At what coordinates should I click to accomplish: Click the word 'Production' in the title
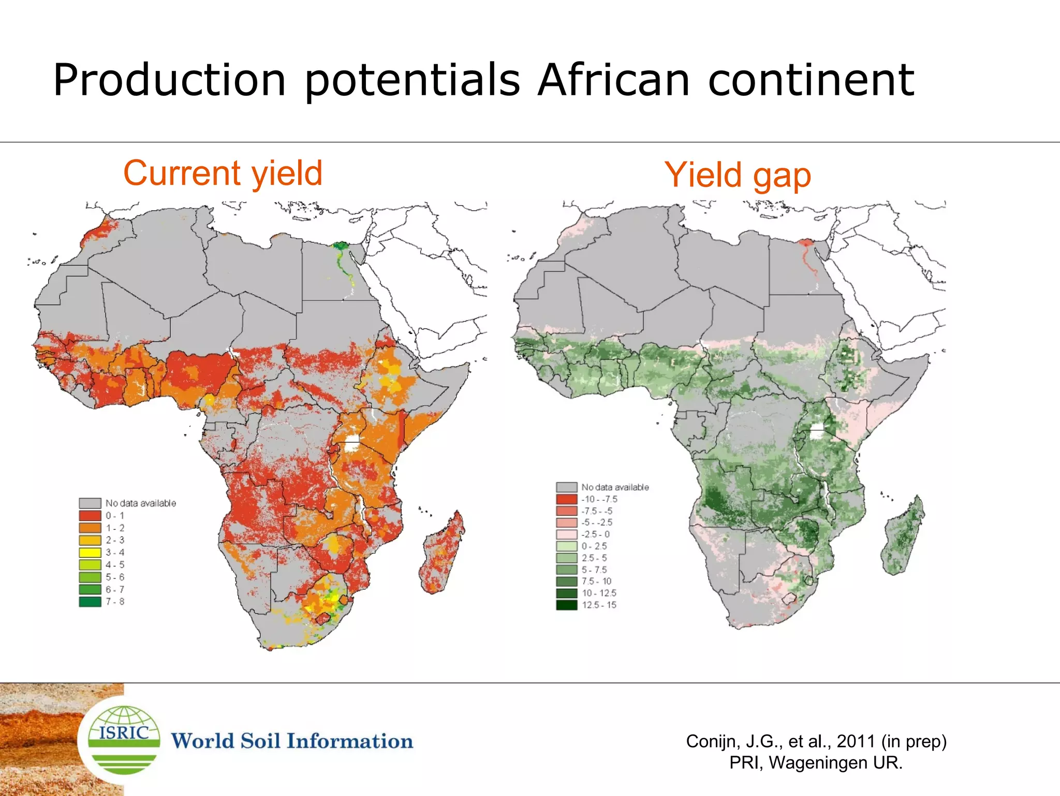click(x=170, y=80)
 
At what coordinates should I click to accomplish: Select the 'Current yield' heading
click(x=223, y=173)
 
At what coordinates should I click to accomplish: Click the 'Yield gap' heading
click(x=737, y=175)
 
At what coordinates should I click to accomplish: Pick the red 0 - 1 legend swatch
click(x=90, y=516)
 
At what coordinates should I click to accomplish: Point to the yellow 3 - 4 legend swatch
click(x=90, y=553)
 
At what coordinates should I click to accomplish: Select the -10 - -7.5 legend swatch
click(x=566, y=499)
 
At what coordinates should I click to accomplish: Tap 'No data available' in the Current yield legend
click(x=140, y=503)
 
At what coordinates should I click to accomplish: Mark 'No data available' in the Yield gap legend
click(x=614, y=487)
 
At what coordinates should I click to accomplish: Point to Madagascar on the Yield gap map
click(x=903, y=536)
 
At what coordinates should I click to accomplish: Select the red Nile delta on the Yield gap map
click(x=806, y=243)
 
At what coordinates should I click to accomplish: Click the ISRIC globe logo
click(x=124, y=740)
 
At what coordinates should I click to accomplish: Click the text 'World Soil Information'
click(x=292, y=741)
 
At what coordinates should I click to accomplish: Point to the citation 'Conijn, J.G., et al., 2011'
click(x=816, y=741)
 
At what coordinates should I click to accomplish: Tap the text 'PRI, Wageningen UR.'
click(x=816, y=763)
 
